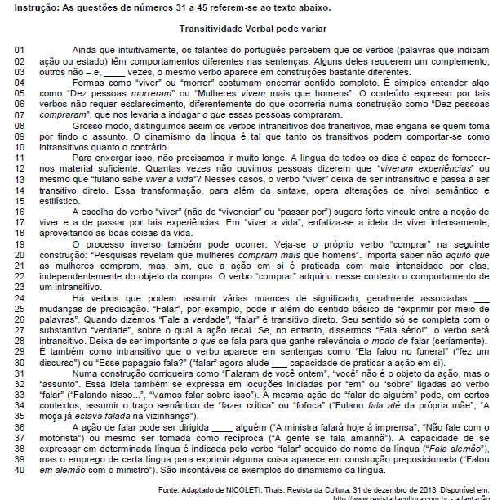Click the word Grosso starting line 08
pos(88,125)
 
